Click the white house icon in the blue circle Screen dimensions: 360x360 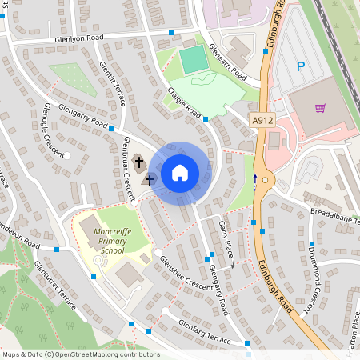point(179,172)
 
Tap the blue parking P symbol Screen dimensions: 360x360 point(301,67)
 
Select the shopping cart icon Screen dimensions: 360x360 point(321,108)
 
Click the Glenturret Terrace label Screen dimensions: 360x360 point(55,285)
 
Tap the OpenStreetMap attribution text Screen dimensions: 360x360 point(81,354)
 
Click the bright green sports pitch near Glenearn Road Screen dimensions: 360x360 point(194,59)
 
